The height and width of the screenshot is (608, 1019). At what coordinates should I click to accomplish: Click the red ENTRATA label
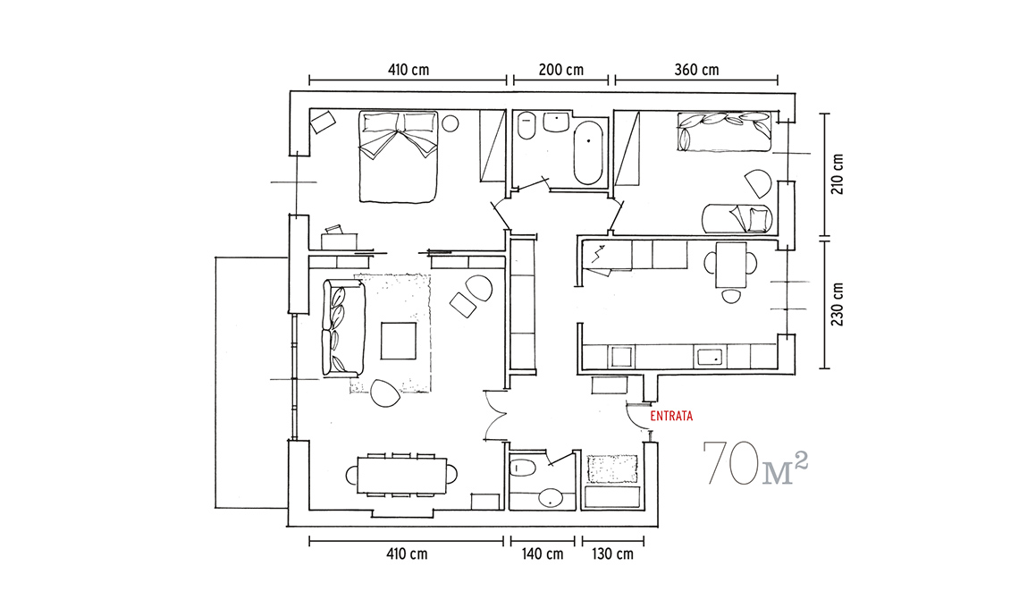[x=671, y=416]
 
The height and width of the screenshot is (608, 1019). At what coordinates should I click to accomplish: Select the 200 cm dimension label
[x=560, y=70]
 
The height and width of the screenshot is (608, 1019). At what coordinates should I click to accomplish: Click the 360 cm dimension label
[x=696, y=70]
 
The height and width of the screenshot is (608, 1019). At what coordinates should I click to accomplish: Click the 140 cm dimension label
[x=543, y=554]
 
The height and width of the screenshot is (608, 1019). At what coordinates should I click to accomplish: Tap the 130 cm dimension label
[x=613, y=554]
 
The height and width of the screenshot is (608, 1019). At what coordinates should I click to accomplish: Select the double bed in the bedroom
[x=398, y=156]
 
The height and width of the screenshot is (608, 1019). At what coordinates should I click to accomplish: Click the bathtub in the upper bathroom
[x=588, y=153]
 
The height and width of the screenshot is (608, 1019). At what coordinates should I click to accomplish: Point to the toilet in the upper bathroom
[x=526, y=125]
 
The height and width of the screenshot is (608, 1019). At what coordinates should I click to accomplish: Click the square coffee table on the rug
[x=399, y=341]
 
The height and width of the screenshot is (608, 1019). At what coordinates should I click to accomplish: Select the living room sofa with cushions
[x=342, y=328]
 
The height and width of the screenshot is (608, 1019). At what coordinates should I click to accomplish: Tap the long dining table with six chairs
[x=401, y=476]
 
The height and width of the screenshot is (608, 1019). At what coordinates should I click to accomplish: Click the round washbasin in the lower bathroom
[x=552, y=498]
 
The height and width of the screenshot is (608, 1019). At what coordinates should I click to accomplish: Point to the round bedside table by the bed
[x=451, y=122]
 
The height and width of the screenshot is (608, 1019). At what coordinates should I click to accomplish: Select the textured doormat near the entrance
[x=612, y=469]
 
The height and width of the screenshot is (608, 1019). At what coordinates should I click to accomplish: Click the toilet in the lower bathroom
[x=522, y=468]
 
